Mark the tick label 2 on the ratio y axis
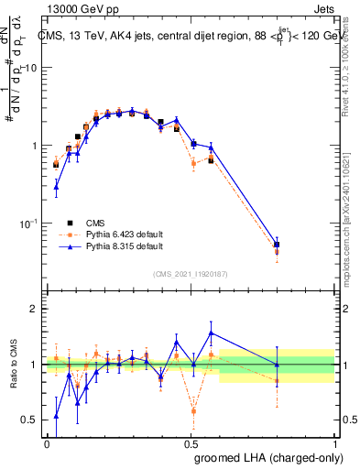coord(36,310)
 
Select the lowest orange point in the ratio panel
coord(193,411)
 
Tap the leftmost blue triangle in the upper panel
coord(57,187)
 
